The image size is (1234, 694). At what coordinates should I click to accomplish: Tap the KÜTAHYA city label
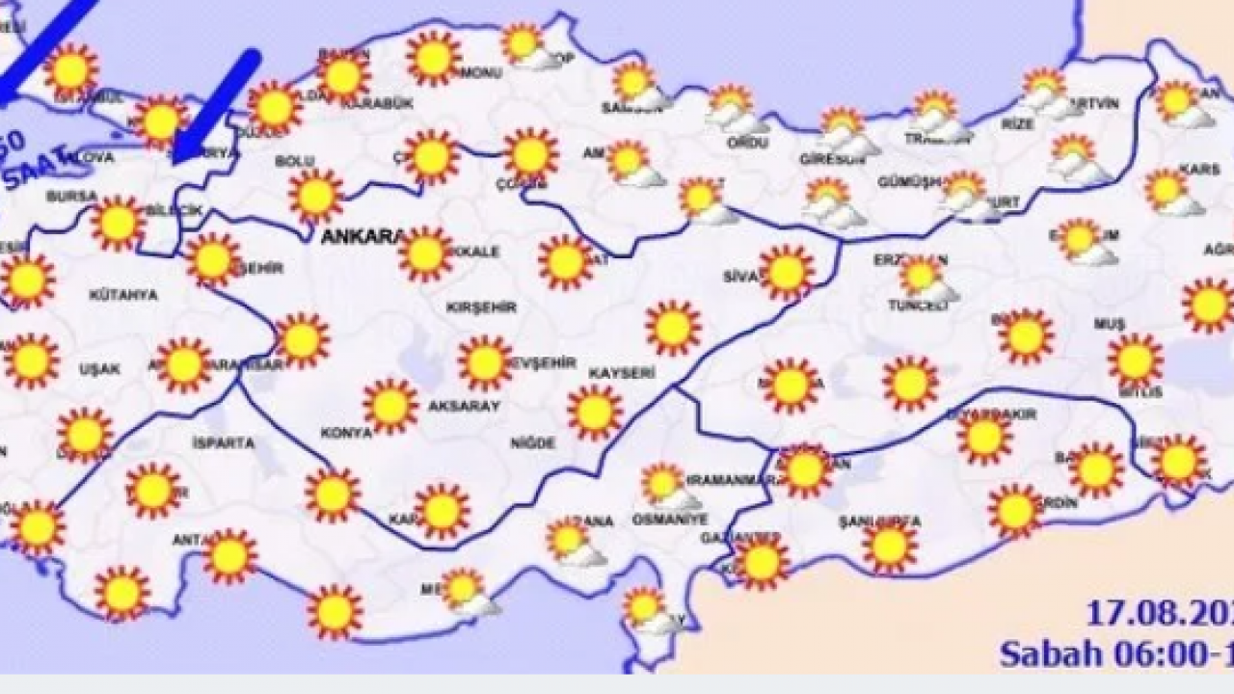click(x=122, y=295)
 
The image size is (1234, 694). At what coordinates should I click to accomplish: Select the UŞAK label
click(x=101, y=369)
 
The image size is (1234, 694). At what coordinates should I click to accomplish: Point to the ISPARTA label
click(x=224, y=443)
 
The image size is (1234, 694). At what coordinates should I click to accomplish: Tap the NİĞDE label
click(x=534, y=443)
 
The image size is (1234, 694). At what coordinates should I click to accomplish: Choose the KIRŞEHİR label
click(x=481, y=307)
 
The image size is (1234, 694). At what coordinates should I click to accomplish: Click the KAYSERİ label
click(x=624, y=372)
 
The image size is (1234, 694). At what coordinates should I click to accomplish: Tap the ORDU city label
click(x=749, y=143)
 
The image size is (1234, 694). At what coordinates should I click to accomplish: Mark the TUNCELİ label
click(x=918, y=305)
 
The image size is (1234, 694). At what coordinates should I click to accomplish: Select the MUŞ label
click(x=1109, y=324)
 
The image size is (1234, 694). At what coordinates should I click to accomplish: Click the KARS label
click(x=1199, y=170)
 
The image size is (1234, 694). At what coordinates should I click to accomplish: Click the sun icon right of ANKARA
click(x=425, y=254)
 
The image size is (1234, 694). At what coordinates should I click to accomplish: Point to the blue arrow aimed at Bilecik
click(x=218, y=103)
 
